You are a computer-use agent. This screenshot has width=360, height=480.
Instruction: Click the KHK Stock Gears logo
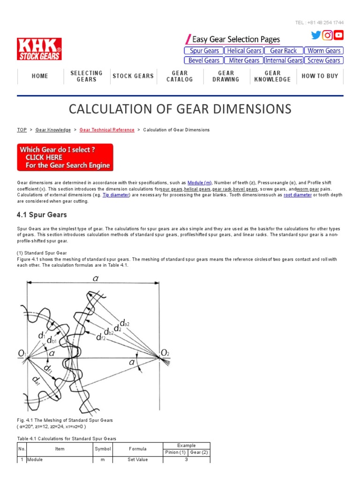point(39,49)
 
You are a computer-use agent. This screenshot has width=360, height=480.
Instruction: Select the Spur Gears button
point(203,51)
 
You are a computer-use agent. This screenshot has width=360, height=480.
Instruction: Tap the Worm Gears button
point(324,51)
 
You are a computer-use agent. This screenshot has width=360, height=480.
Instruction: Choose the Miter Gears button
point(244,60)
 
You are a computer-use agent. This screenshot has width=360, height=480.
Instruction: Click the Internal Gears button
point(284,60)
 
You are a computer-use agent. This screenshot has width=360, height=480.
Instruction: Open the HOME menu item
point(40,76)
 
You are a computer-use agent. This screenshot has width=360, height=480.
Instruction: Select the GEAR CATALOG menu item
point(180,76)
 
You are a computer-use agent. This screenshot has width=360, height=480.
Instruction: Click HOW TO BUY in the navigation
point(320,76)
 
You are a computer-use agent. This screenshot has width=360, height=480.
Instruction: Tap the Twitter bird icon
point(316,35)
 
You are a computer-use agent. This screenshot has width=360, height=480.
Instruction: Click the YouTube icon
point(338,35)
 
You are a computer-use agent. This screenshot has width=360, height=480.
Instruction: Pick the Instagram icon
point(327,35)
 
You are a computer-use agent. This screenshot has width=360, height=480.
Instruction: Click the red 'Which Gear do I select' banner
point(65,157)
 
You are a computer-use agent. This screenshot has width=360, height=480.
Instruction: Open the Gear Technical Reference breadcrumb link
point(107,130)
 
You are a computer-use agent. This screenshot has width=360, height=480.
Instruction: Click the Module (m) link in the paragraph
point(200,182)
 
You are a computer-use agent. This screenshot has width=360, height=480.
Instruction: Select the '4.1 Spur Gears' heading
point(42,215)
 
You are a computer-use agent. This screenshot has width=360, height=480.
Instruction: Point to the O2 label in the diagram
point(165,352)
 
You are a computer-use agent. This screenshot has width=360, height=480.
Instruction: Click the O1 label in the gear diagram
point(23,352)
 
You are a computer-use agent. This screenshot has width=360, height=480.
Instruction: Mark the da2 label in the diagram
point(125,323)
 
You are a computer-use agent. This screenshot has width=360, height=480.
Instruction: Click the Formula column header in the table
point(138,449)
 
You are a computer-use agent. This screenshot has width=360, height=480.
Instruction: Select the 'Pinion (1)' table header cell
point(175,452)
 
